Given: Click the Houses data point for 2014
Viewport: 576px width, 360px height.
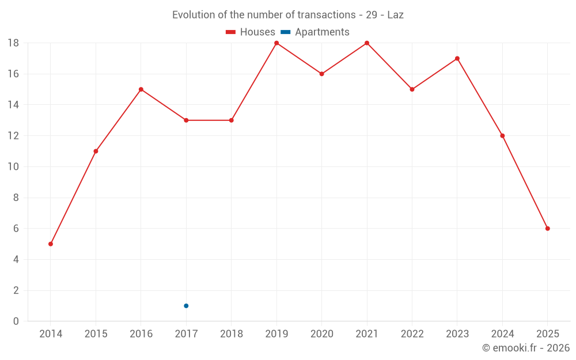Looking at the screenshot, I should click(51, 244).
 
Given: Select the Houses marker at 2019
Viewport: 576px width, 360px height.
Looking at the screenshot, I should click(276, 43).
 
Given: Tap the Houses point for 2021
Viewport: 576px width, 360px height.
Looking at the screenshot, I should click(367, 43).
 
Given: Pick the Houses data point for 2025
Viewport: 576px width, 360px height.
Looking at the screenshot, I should click(547, 229).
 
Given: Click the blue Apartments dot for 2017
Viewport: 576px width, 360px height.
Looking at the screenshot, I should click(186, 306).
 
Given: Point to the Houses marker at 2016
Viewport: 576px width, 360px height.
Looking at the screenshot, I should click(141, 89).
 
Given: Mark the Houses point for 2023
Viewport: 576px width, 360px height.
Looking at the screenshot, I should click(457, 58).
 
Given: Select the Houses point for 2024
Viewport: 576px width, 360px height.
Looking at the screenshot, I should click(502, 136).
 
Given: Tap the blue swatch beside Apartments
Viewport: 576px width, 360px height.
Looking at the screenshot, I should click(285, 32).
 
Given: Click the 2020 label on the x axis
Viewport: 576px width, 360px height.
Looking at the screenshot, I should click(321, 334).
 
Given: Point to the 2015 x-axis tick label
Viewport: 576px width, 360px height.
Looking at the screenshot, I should click(96, 334).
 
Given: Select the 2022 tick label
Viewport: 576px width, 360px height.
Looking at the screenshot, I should click(412, 334).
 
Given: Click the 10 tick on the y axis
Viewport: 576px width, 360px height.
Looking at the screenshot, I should click(13, 167).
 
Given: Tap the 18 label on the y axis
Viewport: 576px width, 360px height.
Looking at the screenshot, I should click(13, 43).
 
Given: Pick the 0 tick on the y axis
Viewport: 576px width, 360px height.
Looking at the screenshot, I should click(16, 321).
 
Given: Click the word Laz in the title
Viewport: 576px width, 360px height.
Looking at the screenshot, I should click(395, 15).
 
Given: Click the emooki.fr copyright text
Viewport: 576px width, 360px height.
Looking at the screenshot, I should click(525, 348).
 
